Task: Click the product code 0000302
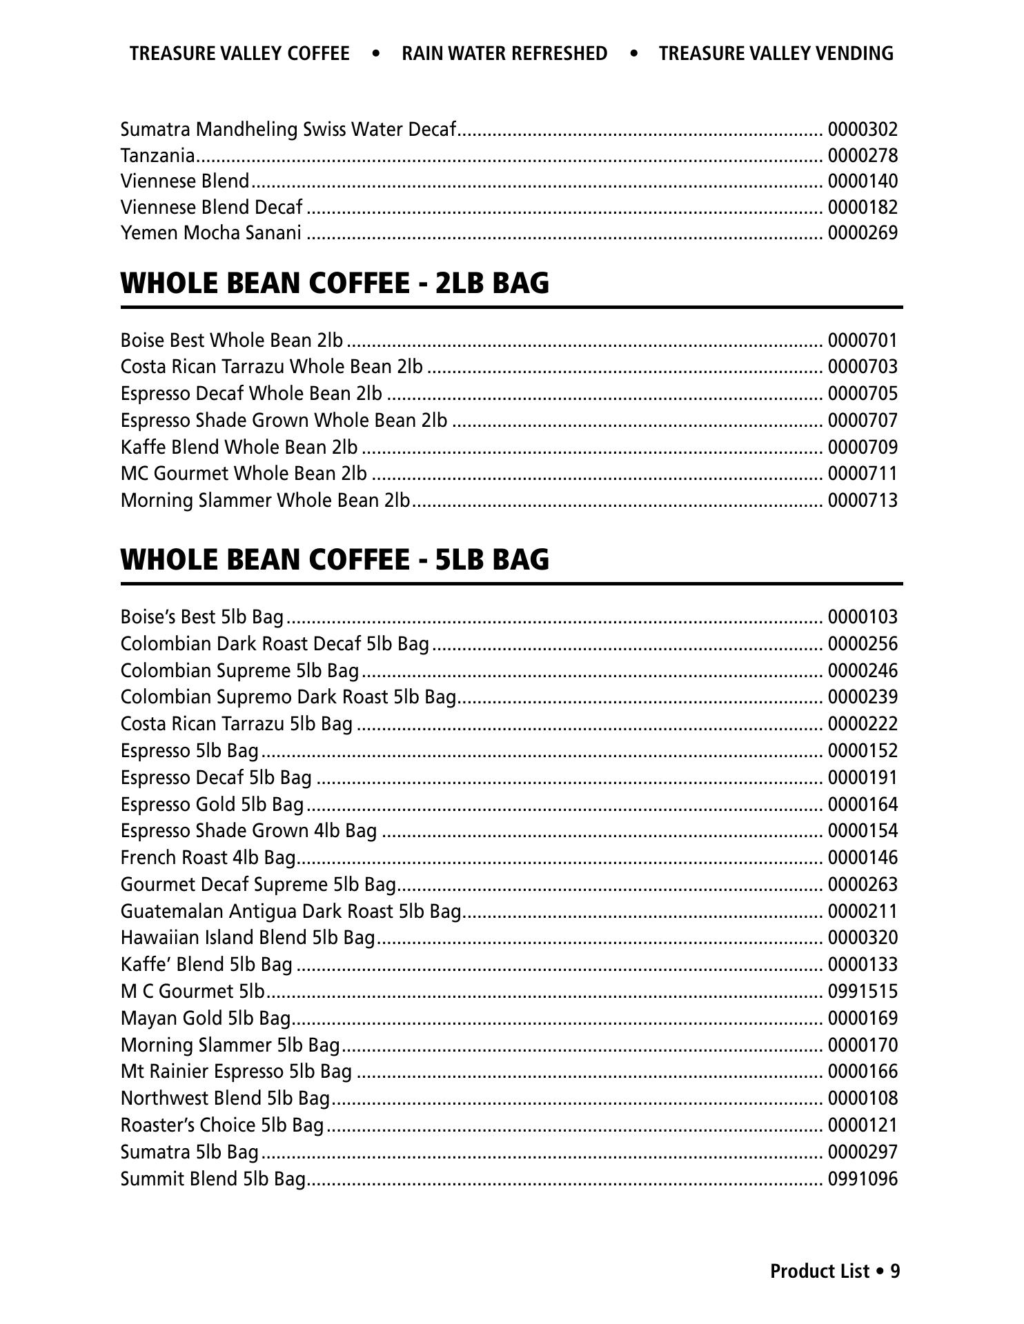[862, 129]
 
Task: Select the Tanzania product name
[157, 155]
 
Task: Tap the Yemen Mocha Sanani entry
[210, 233]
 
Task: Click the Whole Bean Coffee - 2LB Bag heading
[335, 283]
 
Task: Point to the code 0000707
[862, 420]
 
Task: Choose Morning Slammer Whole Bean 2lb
[265, 500]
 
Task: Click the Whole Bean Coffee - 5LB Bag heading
[335, 559]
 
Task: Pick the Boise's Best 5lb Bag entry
[201, 616]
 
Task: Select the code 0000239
[862, 696]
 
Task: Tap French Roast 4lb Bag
[208, 857]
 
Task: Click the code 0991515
[862, 991]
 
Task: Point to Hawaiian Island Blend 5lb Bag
[247, 937]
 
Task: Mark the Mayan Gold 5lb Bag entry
[205, 1018]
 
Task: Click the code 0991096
[862, 1178]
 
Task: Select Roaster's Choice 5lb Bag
[221, 1125]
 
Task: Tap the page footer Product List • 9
[835, 1271]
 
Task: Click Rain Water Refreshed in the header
[504, 54]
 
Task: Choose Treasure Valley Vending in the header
[776, 54]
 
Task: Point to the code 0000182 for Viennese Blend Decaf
[862, 207]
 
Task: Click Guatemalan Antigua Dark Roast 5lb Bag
[291, 911]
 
